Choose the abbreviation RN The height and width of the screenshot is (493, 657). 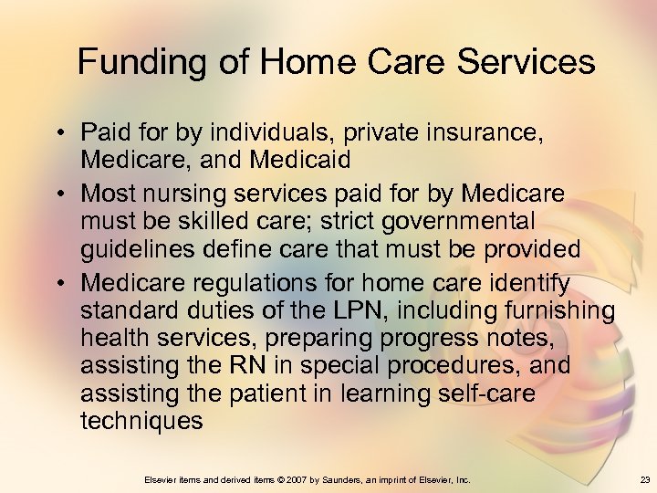coord(260,366)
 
